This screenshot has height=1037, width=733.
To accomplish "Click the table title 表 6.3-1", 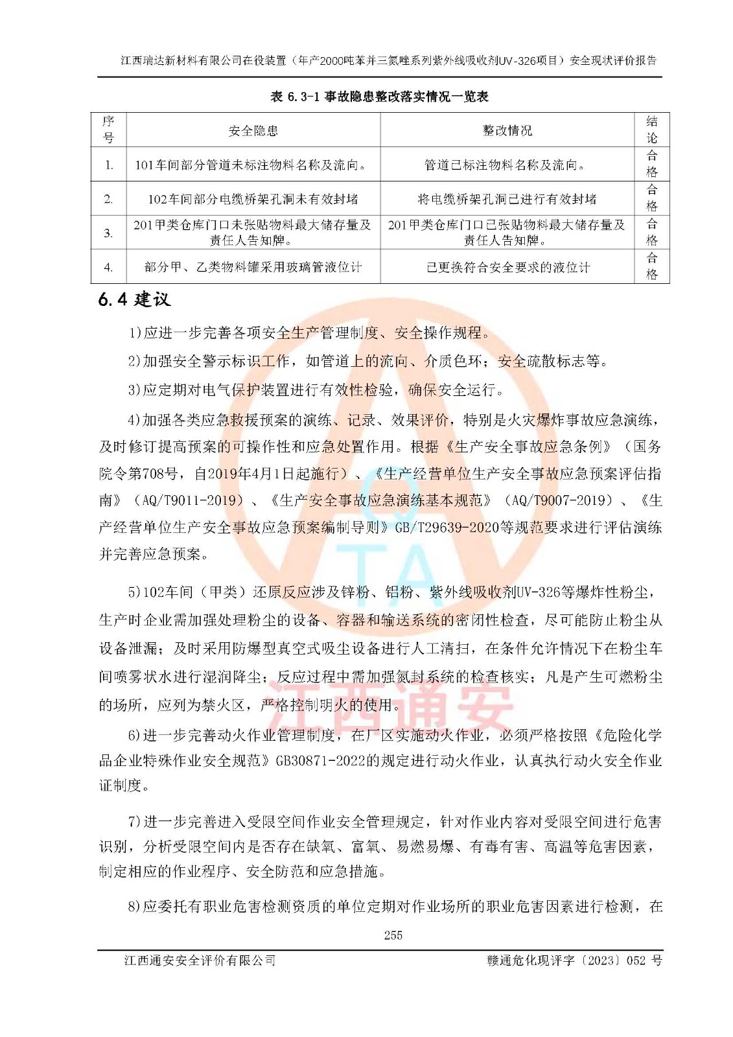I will coord(379,97).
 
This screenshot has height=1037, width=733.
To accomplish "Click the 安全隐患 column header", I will coord(253,130).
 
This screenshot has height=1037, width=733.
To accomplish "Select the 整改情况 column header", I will coord(507,130).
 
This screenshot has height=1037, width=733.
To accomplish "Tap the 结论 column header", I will coord(651,130).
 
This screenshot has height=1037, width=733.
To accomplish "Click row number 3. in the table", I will coord(108,233).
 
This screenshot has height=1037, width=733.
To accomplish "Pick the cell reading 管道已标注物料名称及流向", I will coord(506,165).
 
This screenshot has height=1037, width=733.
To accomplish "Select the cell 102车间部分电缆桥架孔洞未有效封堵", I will coord(253,199).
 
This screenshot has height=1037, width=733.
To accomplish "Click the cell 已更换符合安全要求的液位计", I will coord(507,267).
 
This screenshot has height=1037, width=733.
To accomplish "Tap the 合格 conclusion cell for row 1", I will coord(651,164).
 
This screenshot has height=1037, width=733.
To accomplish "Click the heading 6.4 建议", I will coord(134,299).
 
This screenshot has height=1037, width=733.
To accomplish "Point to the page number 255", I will coord(393,935).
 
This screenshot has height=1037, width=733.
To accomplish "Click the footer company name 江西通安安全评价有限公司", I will coord(200,961).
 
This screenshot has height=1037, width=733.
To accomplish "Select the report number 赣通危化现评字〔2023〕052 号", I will coord(574,961).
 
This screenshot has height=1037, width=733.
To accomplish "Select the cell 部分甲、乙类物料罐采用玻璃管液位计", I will coord(253,267).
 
